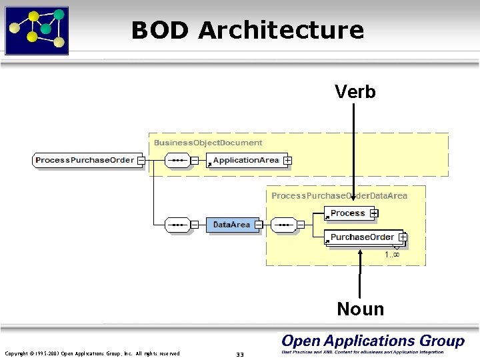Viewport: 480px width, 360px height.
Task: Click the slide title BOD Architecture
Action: point(247,31)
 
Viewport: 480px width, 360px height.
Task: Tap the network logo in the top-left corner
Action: point(37,30)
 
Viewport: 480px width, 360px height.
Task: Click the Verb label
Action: point(355,91)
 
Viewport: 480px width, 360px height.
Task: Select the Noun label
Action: point(360,309)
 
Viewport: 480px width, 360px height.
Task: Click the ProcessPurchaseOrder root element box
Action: point(85,160)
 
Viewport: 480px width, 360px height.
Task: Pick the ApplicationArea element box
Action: point(246,161)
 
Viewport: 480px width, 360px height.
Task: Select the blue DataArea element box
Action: point(231,225)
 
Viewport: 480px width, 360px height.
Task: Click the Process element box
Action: point(347,213)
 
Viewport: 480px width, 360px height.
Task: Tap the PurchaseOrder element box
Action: point(362,237)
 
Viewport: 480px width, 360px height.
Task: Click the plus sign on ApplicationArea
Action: point(287,161)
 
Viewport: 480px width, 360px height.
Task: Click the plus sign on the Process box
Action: point(374,213)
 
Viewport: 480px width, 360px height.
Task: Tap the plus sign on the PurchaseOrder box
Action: point(403,237)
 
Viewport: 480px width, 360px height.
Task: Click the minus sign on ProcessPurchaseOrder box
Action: point(141,160)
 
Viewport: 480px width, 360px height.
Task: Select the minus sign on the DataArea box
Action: point(259,225)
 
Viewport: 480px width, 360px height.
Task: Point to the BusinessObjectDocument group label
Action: point(208,143)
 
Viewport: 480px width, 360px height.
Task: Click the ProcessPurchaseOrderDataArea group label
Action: point(339,195)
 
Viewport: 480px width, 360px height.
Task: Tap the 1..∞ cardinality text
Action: point(392,255)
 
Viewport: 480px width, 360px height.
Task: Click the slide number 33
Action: point(240,354)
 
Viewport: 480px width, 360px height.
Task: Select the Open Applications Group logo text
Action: point(373,341)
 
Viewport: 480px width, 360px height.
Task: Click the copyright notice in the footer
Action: point(92,353)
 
